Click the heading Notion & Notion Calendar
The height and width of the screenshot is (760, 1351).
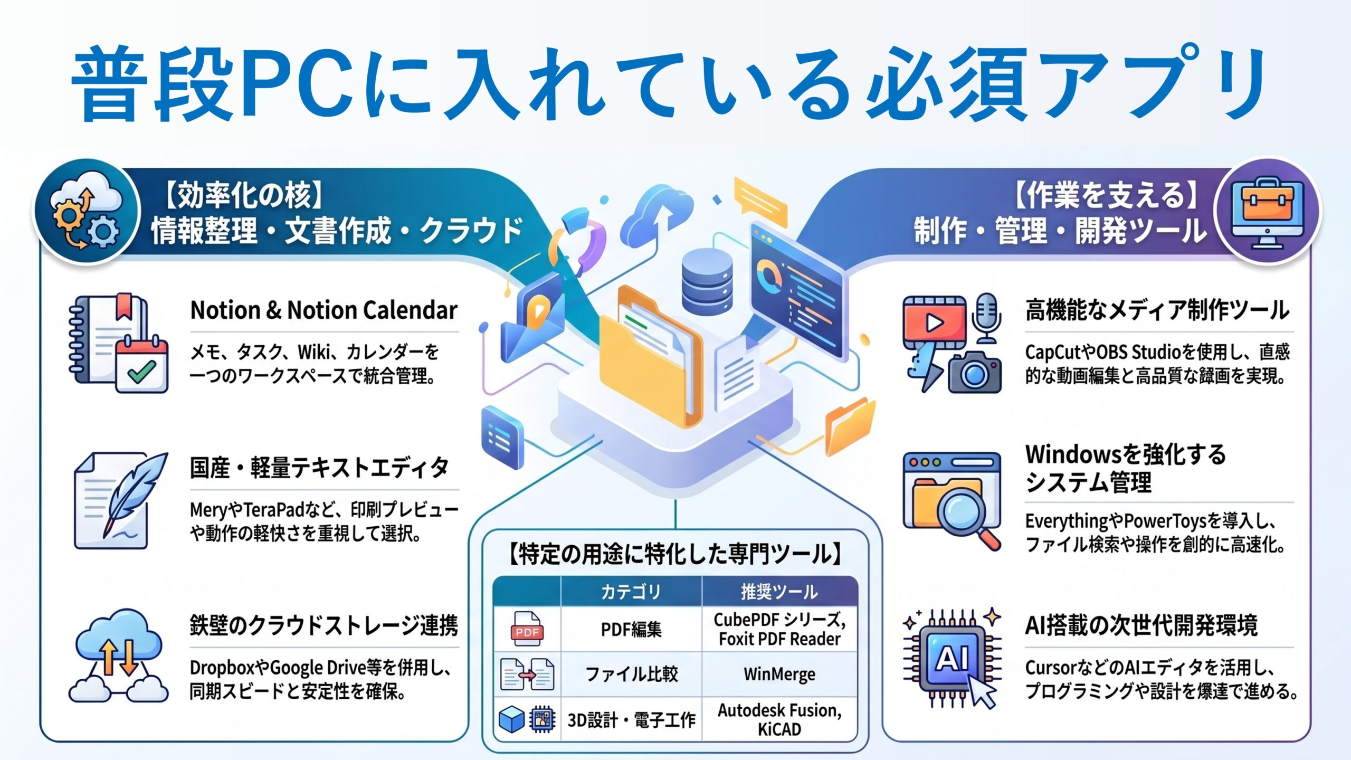pyautogui.click(x=324, y=310)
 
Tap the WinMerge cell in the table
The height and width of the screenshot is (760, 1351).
pyautogui.click(x=779, y=674)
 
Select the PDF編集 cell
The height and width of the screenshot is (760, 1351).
pyautogui.click(x=631, y=629)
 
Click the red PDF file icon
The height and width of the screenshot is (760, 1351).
pyautogui.click(x=527, y=629)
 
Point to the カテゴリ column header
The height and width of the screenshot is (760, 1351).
pyautogui.click(x=631, y=592)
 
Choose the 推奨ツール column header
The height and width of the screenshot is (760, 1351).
pyautogui.click(x=779, y=592)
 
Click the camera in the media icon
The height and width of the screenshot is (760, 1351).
pyautogui.click(x=974, y=372)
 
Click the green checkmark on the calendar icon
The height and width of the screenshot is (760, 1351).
pyautogui.click(x=141, y=372)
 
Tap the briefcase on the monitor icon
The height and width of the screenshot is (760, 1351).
pyautogui.click(x=1268, y=201)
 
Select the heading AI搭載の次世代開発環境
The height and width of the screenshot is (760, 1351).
pyautogui.click(x=1141, y=625)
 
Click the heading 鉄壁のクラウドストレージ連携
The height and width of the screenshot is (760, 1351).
pyautogui.click(x=324, y=625)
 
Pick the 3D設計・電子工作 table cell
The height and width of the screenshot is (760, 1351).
pyautogui.click(x=631, y=719)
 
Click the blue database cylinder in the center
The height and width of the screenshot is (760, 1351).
pyautogui.click(x=707, y=282)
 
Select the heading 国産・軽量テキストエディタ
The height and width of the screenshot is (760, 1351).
pyautogui.click(x=319, y=468)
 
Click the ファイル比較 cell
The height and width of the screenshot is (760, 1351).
pyautogui.click(x=631, y=674)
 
